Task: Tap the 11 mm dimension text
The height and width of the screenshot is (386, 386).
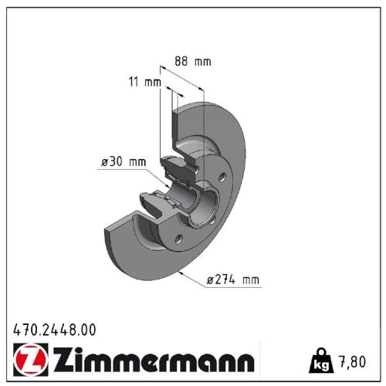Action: [x=144, y=81]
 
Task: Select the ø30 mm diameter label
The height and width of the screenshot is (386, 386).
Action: [x=123, y=161]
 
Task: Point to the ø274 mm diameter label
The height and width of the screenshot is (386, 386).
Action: [x=234, y=282]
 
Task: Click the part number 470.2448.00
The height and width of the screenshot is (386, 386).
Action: [x=55, y=330]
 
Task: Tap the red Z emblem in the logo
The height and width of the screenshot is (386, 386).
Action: [x=27, y=361]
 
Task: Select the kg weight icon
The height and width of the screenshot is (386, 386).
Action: [x=320, y=359]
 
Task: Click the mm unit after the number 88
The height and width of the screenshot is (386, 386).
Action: [x=203, y=60]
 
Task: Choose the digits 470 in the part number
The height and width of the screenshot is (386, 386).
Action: [x=23, y=330]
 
